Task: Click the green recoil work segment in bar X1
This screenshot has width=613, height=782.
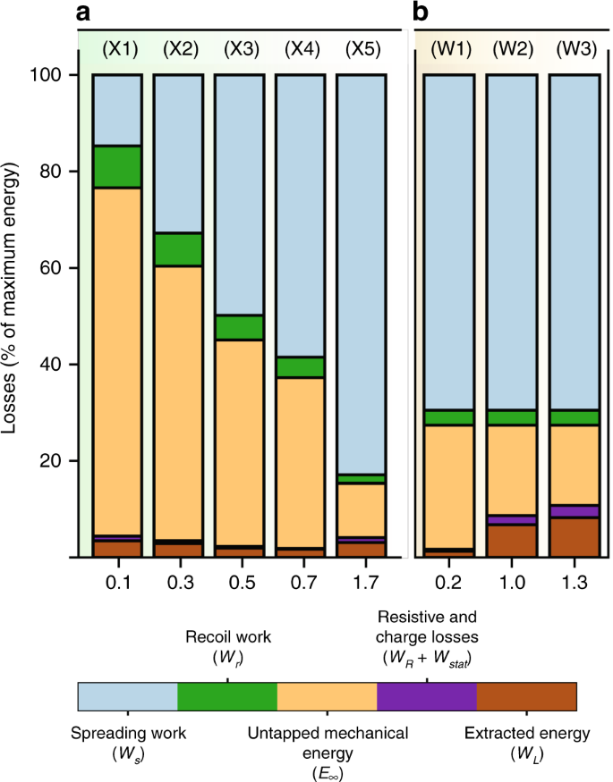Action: [116, 166]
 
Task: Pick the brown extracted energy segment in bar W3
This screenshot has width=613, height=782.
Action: [573, 536]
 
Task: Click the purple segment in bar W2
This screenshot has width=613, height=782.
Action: [510, 520]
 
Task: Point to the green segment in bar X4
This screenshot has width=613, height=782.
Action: [299, 366]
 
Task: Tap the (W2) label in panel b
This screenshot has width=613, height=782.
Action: [510, 49]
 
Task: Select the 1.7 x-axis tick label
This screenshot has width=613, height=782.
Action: [360, 582]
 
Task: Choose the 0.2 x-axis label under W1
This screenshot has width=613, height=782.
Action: [448, 582]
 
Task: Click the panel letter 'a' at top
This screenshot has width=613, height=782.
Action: [86, 13]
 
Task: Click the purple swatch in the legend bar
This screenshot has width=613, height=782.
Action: [427, 696]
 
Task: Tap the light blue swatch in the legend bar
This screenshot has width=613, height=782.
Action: [128, 696]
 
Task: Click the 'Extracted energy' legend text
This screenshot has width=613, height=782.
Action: [527, 734]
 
